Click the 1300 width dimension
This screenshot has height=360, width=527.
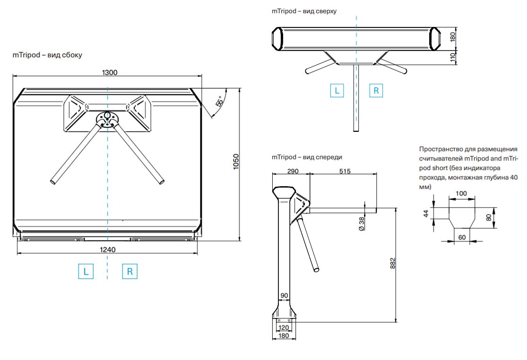(x=110, y=72)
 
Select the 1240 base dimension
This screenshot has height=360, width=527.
(x=108, y=250)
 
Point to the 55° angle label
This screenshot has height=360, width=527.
(x=219, y=102)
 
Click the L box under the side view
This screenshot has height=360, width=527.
(x=86, y=272)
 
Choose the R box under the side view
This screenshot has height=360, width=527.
(x=130, y=272)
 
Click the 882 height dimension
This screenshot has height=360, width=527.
(x=392, y=264)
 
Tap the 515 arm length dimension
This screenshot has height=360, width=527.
(x=345, y=171)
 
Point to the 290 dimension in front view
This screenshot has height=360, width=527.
(x=293, y=171)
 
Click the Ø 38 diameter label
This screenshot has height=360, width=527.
(x=362, y=223)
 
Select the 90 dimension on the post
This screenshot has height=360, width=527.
(x=284, y=296)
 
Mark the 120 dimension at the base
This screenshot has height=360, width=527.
(x=283, y=327)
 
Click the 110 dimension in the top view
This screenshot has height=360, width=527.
(x=452, y=57)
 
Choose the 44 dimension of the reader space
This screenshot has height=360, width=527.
(x=426, y=214)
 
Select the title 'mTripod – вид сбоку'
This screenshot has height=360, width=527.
(x=47, y=55)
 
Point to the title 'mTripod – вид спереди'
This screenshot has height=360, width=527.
(x=307, y=157)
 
